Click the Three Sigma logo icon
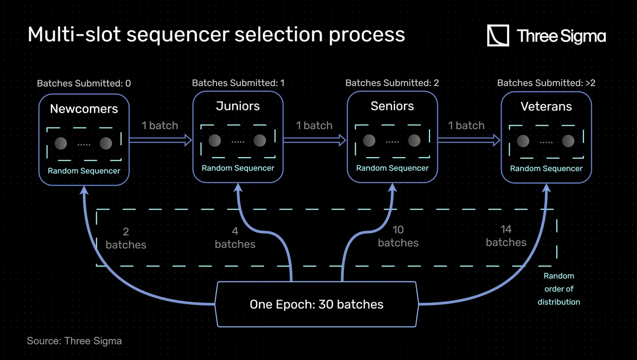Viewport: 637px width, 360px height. point(498,36)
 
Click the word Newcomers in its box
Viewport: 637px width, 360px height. point(84,109)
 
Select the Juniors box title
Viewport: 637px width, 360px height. point(238,106)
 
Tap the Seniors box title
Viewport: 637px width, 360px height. point(392,106)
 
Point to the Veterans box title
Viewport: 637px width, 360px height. point(546,107)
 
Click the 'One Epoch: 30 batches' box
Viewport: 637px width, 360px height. point(316,304)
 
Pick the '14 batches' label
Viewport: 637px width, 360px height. point(506,236)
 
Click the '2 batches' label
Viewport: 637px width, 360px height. point(126,238)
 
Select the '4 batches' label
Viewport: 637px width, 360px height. point(235,238)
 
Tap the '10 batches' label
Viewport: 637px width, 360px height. point(398,236)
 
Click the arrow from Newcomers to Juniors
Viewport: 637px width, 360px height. point(160,140)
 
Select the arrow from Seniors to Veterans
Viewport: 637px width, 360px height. point(467,140)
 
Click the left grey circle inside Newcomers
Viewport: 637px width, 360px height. point(61,143)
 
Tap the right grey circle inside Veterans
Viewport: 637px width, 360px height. point(569,141)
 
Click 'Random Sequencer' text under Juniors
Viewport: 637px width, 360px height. point(238,168)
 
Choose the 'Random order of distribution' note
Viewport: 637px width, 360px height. point(558,289)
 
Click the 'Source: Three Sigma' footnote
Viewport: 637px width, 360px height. point(74,341)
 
